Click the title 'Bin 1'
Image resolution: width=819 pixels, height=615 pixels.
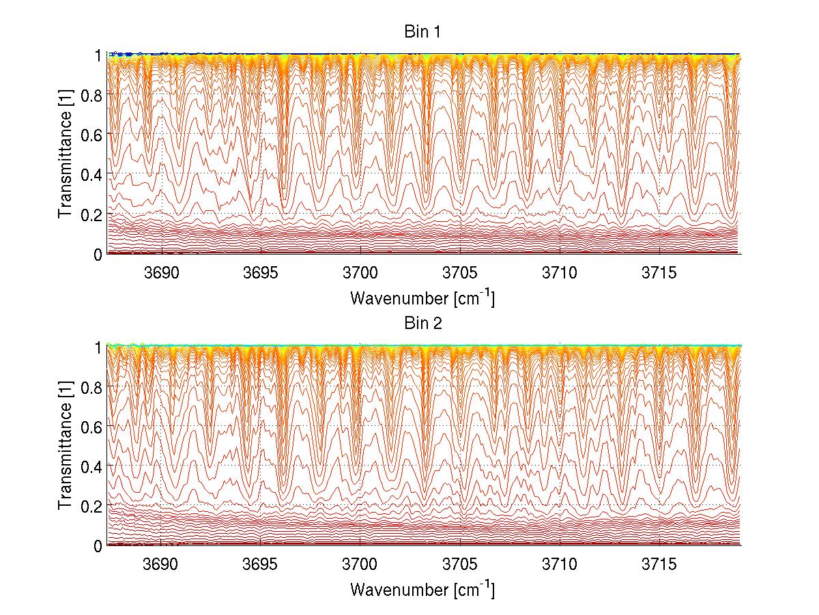pyautogui.click(x=423, y=31)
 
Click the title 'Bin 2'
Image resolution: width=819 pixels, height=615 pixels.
pyautogui.click(x=423, y=324)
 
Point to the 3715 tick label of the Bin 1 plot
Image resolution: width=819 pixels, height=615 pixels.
pyautogui.click(x=659, y=273)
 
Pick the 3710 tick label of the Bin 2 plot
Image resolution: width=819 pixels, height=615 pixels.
pyautogui.click(x=560, y=565)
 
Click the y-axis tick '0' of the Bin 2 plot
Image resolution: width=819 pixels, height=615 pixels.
pyautogui.click(x=98, y=546)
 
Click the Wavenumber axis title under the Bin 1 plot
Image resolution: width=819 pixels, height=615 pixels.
pyautogui.click(x=422, y=298)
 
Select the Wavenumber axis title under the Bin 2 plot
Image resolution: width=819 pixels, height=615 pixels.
pyautogui.click(x=422, y=589)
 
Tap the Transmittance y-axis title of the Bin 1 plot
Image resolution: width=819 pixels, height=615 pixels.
pyautogui.click(x=66, y=154)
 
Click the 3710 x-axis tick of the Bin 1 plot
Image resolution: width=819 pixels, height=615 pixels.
pyautogui.click(x=560, y=273)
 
